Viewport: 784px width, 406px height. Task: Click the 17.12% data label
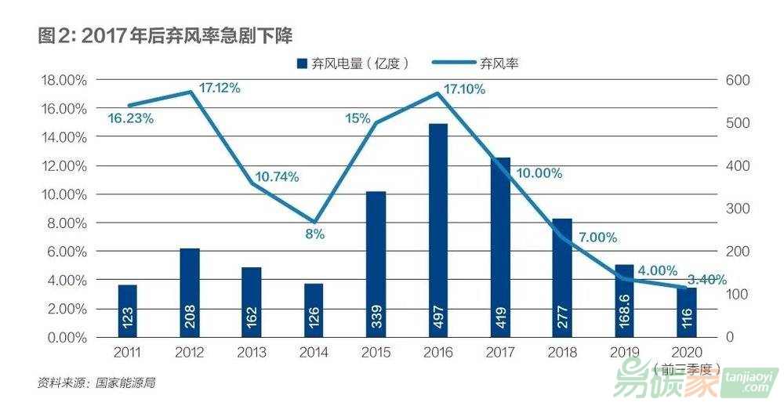point(220,88)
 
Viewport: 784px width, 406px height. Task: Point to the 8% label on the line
point(314,234)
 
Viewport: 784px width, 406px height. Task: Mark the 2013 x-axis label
point(252,353)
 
